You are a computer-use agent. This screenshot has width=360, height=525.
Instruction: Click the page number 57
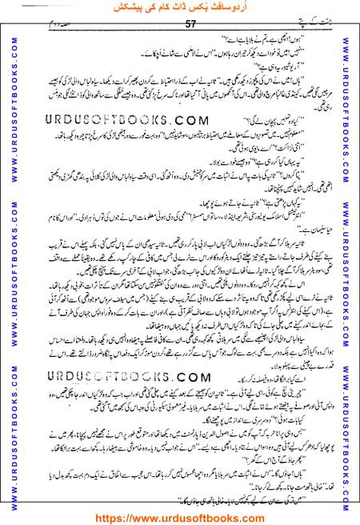click(179, 24)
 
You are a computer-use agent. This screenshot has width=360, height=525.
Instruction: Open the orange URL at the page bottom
click(180, 516)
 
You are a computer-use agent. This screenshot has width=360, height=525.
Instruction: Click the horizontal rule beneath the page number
click(180, 32)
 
